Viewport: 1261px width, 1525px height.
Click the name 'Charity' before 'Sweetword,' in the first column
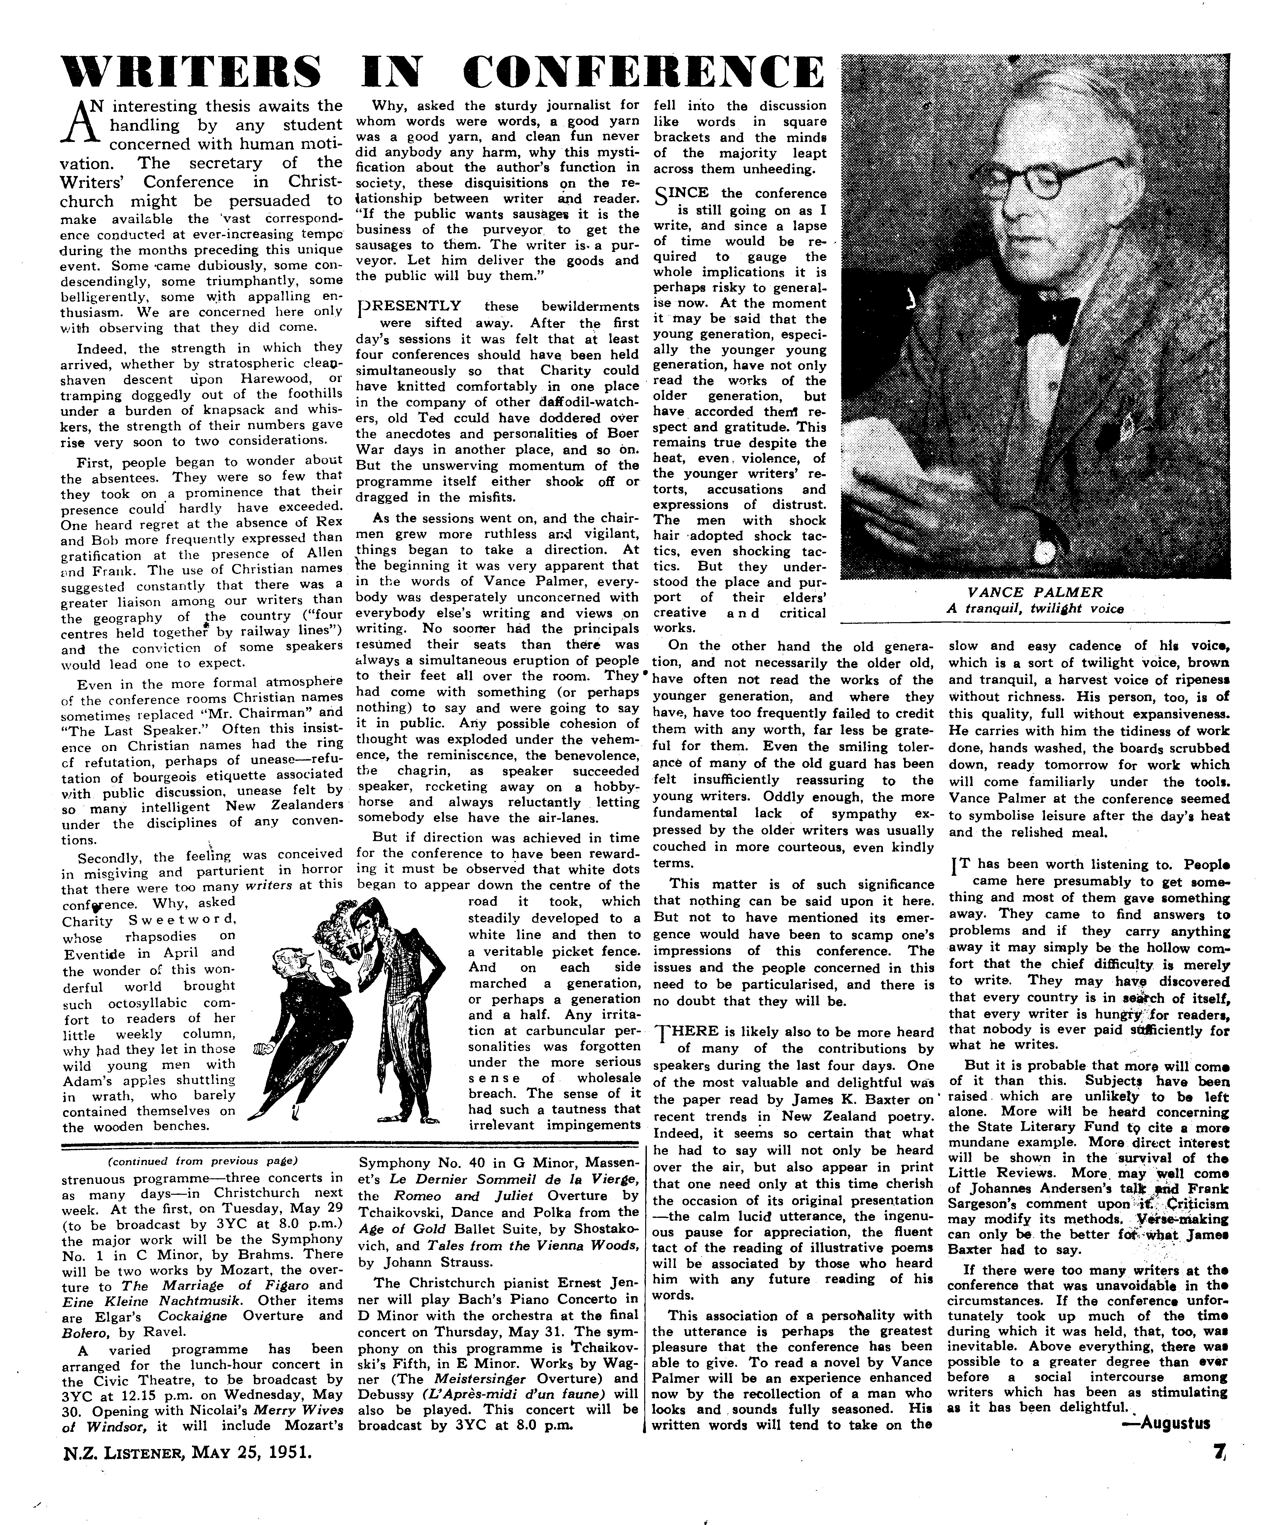tap(87, 922)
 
